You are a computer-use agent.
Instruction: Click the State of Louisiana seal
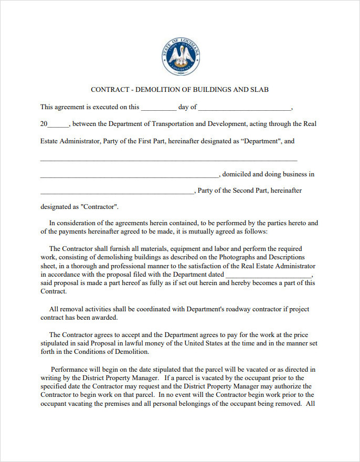coord(181,57)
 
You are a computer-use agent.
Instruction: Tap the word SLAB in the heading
coord(259,90)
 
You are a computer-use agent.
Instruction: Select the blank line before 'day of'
coord(159,108)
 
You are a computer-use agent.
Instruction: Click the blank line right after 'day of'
coord(244,108)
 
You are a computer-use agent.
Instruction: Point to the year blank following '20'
coord(58,125)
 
